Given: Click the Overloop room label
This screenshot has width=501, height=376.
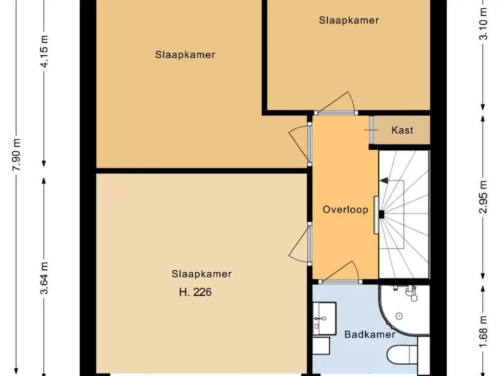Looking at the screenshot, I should point(345,210).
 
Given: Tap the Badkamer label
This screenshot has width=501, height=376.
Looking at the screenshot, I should point(370,335).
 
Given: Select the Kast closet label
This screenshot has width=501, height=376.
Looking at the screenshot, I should point(402,130).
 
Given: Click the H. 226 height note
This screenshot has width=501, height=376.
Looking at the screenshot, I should point(196,293).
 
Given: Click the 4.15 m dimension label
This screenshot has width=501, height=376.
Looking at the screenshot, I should point(45,51).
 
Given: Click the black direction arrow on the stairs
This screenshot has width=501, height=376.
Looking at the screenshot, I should point(384,181).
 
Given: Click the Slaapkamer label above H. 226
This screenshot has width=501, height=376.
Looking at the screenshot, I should point(201,274).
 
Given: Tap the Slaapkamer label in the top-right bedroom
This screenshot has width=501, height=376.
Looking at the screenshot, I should point(349,20).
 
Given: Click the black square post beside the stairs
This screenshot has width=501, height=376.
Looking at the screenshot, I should point(381,214).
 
